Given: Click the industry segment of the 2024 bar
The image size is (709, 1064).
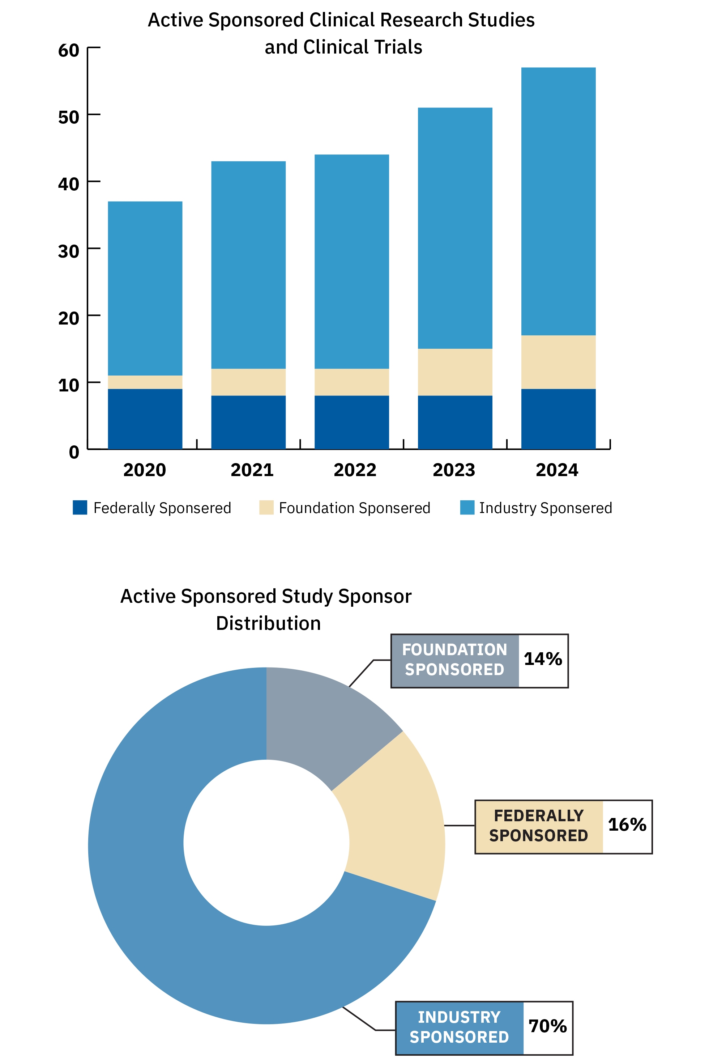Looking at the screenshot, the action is (559, 201).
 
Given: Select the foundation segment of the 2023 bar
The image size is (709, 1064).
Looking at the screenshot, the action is (455, 372).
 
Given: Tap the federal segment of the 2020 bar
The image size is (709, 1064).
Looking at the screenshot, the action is (145, 419).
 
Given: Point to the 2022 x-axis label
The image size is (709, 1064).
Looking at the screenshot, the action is (355, 470).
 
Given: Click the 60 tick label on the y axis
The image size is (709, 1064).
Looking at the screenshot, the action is (69, 50).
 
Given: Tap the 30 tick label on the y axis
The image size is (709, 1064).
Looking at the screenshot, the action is (69, 251).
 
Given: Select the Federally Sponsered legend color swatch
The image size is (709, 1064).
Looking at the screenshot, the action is (80, 508).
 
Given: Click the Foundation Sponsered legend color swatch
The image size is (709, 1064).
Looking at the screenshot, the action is (266, 508).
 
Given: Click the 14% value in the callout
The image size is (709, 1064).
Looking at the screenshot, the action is (543, 659).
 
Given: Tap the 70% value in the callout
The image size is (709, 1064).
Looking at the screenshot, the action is (548, 1026).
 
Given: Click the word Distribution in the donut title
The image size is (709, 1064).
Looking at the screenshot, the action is (268, 623).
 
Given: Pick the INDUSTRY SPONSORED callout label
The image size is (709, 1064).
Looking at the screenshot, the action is (460, 1027).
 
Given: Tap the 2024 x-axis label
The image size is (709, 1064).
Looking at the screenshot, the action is (557, 470).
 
